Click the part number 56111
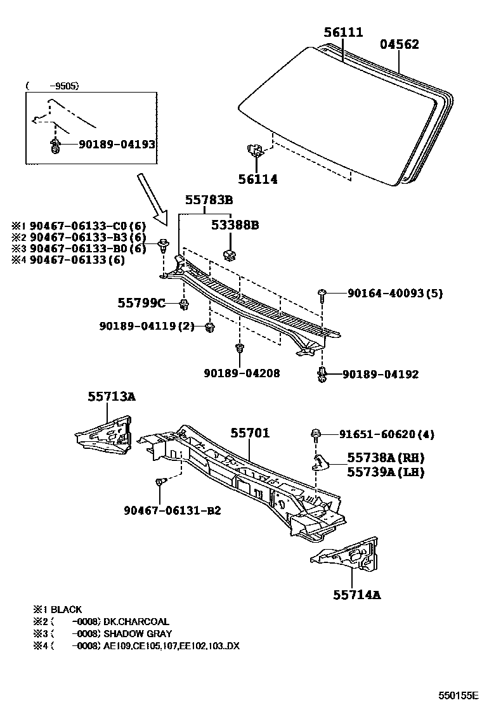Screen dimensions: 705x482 pos(343,32)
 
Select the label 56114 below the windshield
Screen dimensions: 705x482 pos(257,179)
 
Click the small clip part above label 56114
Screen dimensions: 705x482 pos(254,151)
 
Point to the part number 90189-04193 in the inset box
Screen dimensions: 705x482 pos(117,145)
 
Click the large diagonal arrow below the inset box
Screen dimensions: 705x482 pos(152,198)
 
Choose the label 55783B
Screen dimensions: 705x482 pos(209,200)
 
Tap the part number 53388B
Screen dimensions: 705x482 pos(235,224)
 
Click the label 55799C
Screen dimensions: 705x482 pos(141,304)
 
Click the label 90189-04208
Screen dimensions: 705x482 pos(242,373)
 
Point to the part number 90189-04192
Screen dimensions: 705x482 pos(381,374)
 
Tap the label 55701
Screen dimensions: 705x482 pos(250,433)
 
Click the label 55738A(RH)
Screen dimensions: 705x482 pos(385,458)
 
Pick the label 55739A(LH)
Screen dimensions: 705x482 pos(385,472)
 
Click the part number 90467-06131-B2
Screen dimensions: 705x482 pos(172,510)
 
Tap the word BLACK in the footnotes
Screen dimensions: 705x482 pos(66,609)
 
